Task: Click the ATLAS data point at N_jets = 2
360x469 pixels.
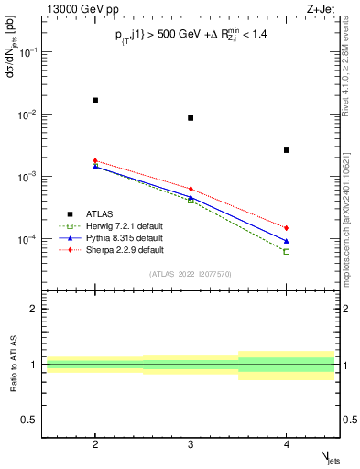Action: pos(95,100)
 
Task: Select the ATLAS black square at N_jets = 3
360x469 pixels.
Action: pos(191,118)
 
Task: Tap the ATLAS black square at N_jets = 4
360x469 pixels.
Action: pos(287,150)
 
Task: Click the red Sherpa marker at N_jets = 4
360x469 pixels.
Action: pos(287,228)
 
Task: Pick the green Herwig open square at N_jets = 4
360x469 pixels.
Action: pos(287,252)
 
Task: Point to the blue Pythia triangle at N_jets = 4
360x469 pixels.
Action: pos(287,241)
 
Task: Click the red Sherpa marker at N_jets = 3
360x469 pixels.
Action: pos(191,189)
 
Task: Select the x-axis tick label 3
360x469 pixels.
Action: pos(191,441)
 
